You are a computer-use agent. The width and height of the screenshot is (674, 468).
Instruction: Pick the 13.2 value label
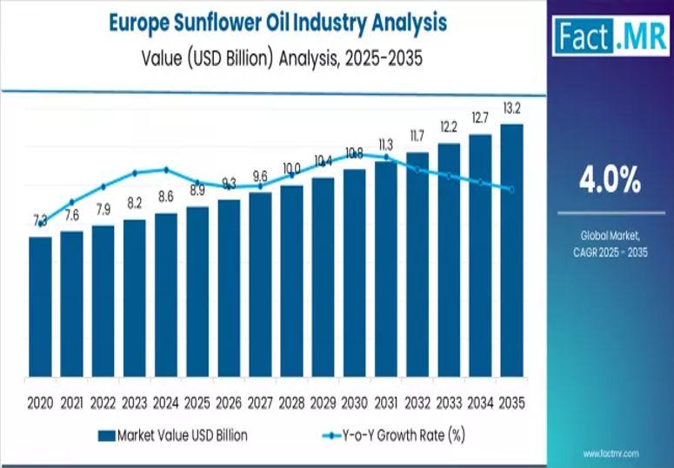click(511, 108)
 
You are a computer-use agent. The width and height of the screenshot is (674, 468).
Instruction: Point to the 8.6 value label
click(165, 197)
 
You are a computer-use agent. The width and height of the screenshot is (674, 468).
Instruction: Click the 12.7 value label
click(480, 117)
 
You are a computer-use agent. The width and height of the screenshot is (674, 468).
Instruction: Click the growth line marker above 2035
click(511, 189)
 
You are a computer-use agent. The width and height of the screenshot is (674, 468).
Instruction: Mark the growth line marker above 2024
click(165, 170)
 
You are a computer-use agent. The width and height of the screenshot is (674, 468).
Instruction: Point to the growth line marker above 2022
click(103, 186)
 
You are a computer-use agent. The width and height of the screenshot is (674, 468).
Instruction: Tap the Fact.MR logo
click(609, 39)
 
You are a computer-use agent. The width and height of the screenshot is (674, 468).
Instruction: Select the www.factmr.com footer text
click(611, 454)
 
